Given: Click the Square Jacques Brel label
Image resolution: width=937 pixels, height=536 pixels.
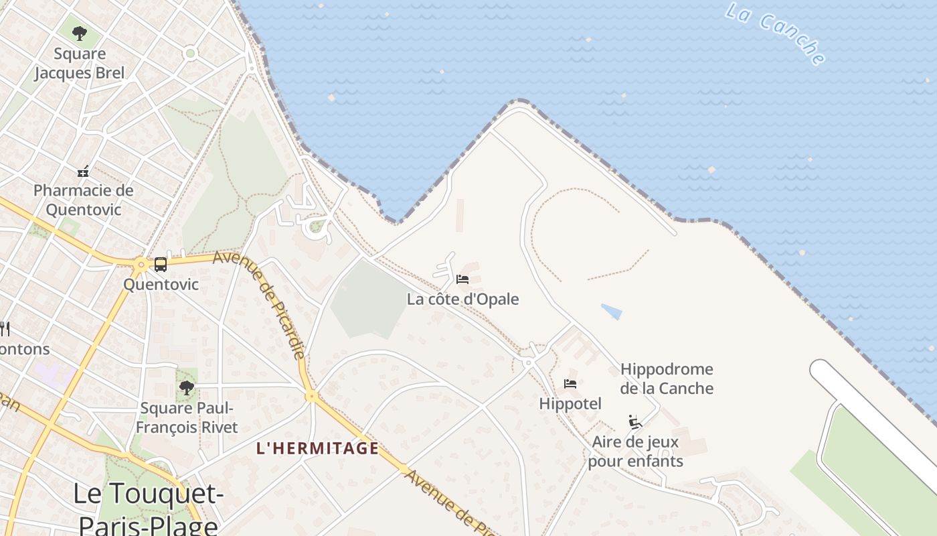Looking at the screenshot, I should click(80, 63).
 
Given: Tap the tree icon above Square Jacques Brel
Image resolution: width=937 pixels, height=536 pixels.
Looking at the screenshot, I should click(80, 33).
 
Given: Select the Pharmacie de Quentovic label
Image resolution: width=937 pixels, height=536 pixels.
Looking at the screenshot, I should click(84, 200).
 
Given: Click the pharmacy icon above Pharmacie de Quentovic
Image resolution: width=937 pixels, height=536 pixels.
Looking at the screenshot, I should click(83, 172).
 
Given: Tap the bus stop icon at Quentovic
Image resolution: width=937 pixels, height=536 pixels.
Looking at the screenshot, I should click(161, 265).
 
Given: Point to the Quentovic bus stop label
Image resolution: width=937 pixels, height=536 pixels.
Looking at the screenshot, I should click(161, 284).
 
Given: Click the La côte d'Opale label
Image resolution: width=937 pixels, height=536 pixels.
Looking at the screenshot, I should click(462, 299).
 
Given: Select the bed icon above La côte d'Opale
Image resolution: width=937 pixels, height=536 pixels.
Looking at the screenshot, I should click(462, 279).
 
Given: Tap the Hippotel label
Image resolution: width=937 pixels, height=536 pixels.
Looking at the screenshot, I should click(570, 403).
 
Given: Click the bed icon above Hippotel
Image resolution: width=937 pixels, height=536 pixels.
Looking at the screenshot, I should click(570, 384).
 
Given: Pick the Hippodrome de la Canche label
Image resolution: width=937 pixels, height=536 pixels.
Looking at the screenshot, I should click(667, 379).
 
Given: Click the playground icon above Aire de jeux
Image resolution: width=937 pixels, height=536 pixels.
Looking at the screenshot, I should click(634, 421).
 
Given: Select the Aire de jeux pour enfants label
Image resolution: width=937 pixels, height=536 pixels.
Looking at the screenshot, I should click(635, 452).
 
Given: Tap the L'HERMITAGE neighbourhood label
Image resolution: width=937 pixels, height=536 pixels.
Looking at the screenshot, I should click(317, 448).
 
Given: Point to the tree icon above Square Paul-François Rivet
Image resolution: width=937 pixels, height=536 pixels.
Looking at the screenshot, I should click(187, 387).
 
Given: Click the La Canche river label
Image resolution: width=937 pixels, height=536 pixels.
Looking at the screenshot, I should click(775, 33).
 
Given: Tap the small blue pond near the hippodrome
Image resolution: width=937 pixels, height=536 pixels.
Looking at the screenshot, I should click(612, 312).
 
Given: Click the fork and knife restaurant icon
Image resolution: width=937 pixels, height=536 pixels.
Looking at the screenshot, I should click(4, 328).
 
